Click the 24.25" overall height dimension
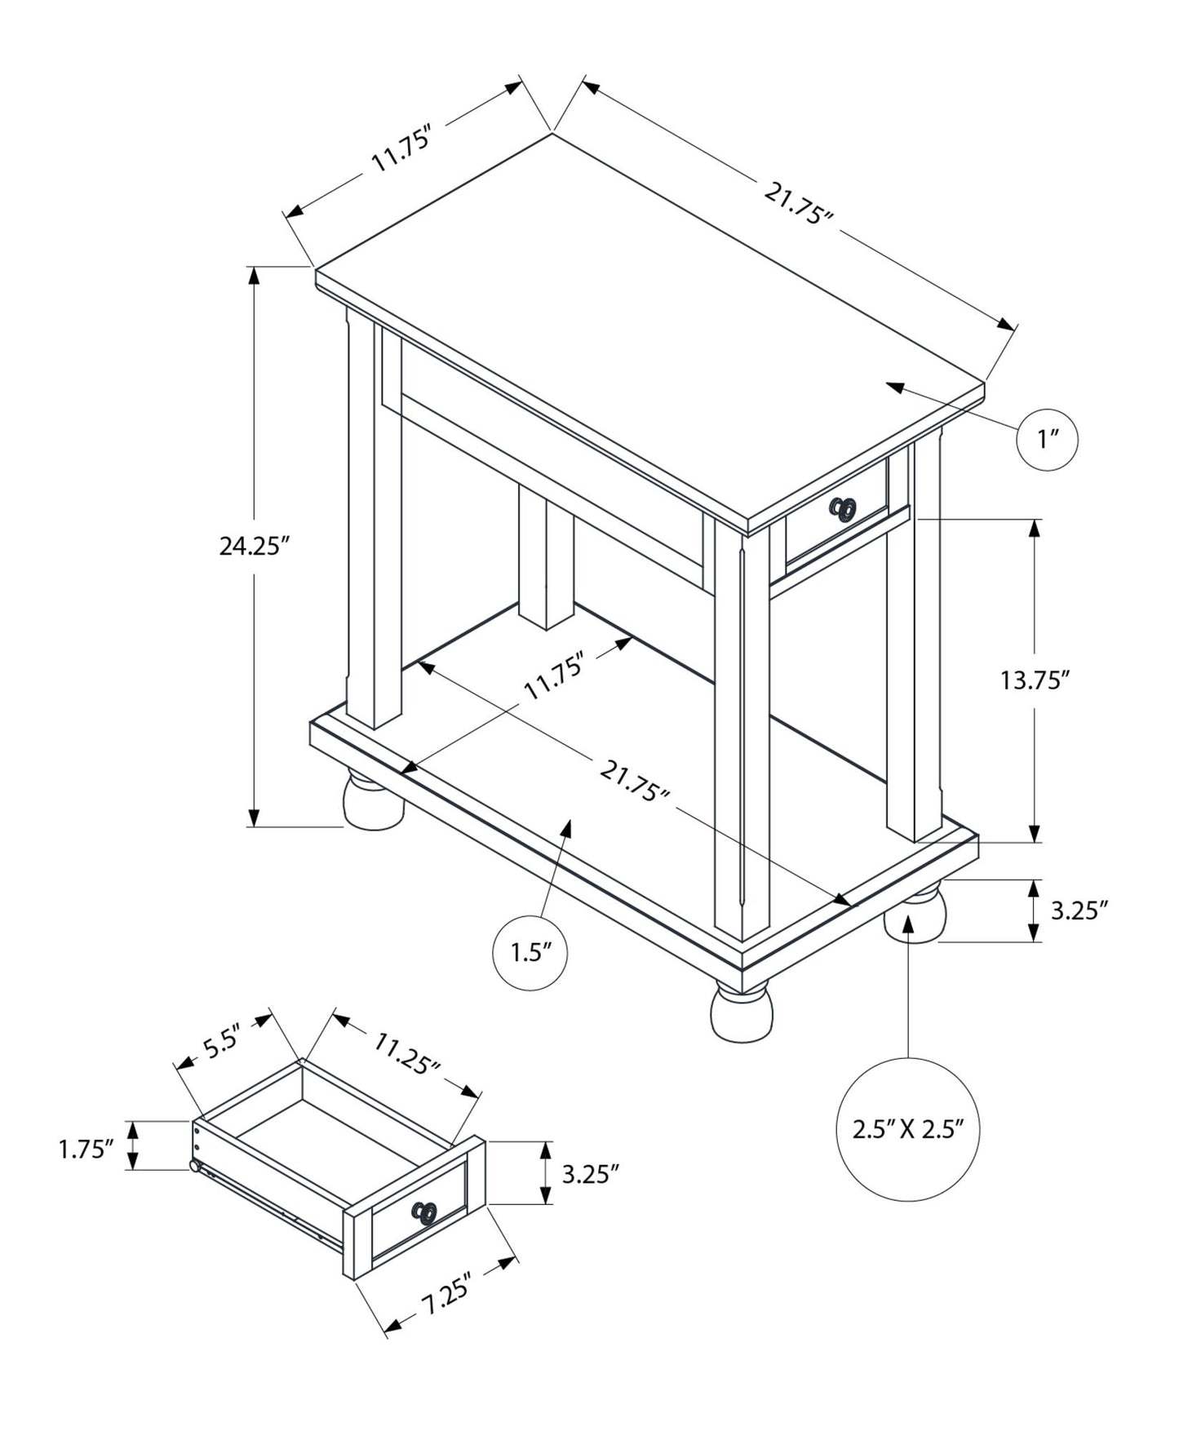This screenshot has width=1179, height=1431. (x=255, y=546)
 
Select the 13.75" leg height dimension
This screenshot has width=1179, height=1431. (x=1035, y=680)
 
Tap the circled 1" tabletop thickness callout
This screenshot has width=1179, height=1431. (x=1048, y=440)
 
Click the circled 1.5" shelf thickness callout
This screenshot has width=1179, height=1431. (x=530, y=952)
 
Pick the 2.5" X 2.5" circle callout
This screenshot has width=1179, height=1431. (x=908, y=1130)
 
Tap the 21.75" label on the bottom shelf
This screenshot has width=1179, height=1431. (x=635, y=781)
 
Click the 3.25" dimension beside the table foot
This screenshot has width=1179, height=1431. (x=1079, y=910)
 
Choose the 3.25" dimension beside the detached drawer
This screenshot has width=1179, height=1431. (x=591, y=1174)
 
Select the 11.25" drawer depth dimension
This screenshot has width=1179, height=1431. (x=407, y=1052)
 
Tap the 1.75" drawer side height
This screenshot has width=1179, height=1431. (x=86, y=1150)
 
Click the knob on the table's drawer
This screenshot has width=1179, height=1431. (x=844, y=510)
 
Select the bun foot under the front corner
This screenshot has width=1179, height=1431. (x=741, y=1013)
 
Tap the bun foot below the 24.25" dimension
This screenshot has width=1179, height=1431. (x=374, y=800)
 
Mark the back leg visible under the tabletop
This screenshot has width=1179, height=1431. (x=546, y=555)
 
